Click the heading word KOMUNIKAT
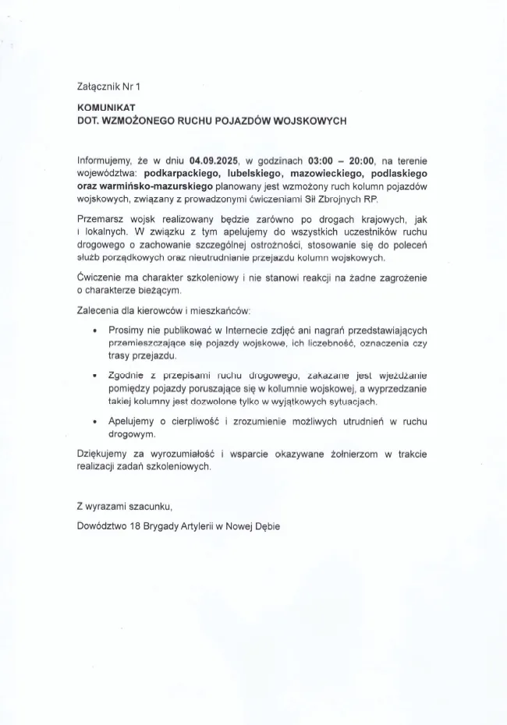(x=107, y=108)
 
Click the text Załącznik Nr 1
(x=112, y=87)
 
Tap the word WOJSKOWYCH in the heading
(x=310, y=121)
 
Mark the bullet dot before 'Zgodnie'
(x=94, y=376)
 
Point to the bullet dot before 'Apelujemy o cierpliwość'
(x=94, y=422)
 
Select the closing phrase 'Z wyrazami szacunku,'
(x=123, y=506)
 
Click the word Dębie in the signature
(x=264, y=526)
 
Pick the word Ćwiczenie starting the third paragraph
(x=101, y=278)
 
